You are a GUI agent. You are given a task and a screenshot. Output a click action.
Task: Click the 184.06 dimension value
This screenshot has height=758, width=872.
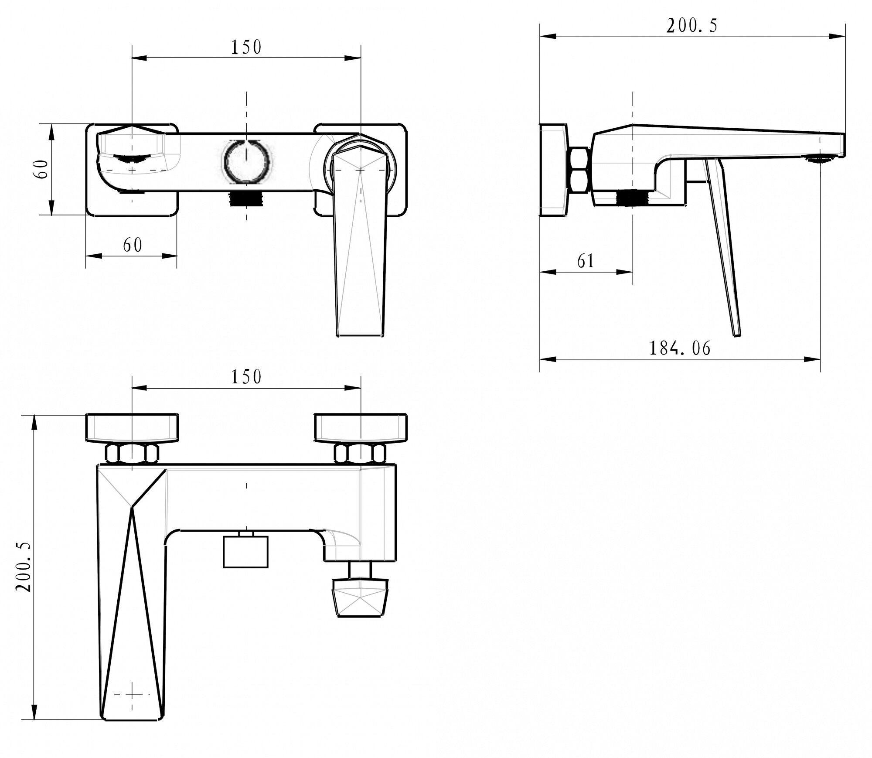coord(680,348)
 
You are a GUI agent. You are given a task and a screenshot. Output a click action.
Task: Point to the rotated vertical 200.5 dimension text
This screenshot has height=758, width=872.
coord(24,567)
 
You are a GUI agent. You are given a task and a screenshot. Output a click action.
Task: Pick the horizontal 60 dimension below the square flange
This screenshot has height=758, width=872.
coord(133,245)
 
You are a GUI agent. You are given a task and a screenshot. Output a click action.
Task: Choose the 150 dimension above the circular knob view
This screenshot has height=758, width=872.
coord(246,47)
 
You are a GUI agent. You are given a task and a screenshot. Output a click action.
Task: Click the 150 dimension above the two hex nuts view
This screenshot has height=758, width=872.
coord(246,377)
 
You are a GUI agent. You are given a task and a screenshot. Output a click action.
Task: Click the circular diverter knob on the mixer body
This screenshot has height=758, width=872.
coord(246,162)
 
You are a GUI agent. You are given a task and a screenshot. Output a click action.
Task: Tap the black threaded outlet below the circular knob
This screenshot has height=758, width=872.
coord(246,199)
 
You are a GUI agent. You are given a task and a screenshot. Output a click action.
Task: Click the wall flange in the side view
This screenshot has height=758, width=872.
coord(554,169)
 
